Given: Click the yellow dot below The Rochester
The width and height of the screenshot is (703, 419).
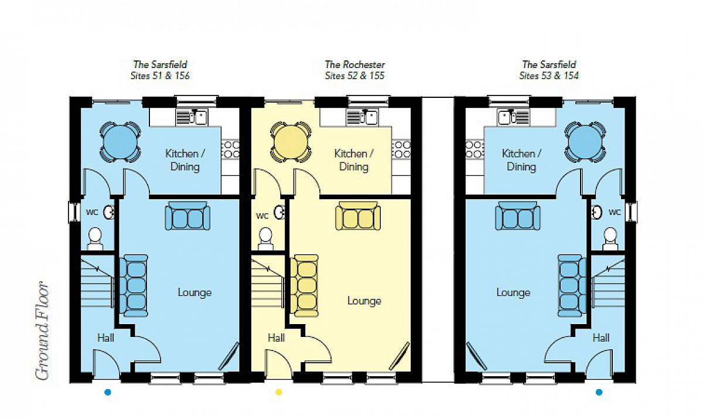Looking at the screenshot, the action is pos(279,392).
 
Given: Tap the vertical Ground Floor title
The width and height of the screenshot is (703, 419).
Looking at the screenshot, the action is pos(42,331).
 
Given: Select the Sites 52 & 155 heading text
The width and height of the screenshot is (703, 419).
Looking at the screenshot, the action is pos(354,76).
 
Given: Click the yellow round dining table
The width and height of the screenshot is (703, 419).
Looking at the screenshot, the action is pos(291,142).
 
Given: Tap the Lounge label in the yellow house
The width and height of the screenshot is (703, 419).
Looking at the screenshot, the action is pos(364,301).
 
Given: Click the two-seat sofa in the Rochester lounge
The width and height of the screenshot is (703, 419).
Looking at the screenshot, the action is pos(358,216).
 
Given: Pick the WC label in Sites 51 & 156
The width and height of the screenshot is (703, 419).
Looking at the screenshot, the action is pos(92,213).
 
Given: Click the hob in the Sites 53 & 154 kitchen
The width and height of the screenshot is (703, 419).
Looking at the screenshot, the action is pos(475,149).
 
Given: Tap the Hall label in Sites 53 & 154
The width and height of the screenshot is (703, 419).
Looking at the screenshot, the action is pos(600,338).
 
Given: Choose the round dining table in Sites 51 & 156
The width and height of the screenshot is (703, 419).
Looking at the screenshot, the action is pos(120,142).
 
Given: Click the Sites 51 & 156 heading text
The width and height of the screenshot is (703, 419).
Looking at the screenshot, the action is pos(160,76).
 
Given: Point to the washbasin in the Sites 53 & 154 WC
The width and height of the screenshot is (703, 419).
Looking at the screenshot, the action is pos(596,212).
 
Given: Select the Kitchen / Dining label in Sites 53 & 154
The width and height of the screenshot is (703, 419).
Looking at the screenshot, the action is pos(521,160).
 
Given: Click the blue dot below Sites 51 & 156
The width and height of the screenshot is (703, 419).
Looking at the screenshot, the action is pos(108,392).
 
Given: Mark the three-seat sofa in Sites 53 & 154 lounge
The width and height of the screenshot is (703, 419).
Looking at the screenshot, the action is pos(572,285).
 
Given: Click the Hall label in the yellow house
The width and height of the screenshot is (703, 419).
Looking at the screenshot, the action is pos(276,338).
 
